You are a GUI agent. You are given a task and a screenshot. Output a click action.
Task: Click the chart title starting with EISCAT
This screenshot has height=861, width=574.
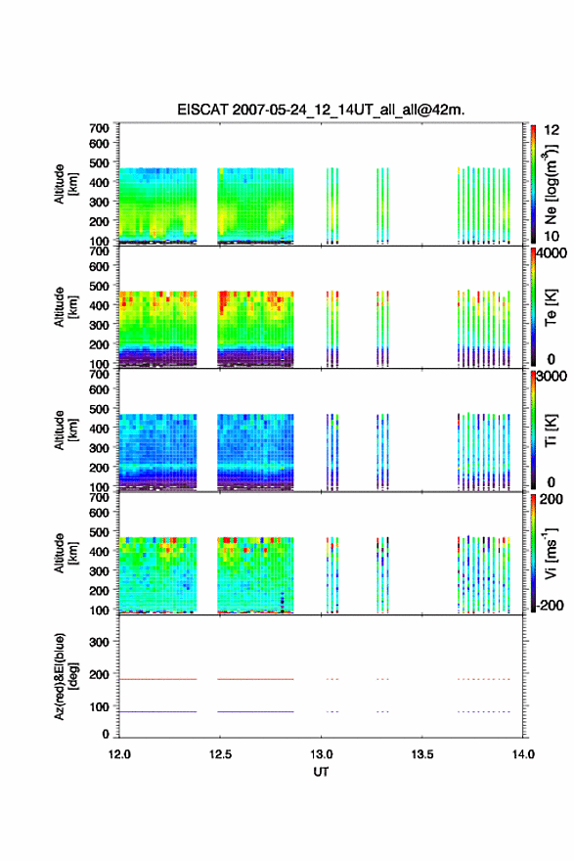point(321,110)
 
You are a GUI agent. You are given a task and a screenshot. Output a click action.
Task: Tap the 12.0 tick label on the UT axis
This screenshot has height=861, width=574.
point(119,754)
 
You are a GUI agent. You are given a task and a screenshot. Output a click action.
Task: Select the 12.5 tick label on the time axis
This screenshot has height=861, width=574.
point(220,754)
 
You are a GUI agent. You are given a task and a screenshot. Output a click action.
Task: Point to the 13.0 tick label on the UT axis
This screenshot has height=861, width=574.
point(321,754)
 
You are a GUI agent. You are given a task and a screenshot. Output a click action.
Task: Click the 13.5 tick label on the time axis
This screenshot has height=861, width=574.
point(422,754)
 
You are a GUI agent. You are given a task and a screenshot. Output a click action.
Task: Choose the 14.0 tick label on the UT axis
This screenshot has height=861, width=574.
point(523,754)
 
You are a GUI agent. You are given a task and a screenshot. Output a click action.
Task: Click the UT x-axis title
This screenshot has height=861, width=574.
point(321,772)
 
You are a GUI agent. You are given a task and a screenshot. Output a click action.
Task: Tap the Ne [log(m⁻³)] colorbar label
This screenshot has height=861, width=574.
point(552,184)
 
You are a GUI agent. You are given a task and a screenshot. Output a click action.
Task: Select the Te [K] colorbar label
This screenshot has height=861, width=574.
point(551,307)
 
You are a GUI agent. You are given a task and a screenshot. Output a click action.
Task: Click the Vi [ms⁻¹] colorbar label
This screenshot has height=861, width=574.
point(551,553)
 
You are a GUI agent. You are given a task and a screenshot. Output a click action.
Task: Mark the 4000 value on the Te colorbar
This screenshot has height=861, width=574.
point(552,253)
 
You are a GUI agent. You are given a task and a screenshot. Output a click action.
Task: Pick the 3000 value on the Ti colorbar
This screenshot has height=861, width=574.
point(552,377)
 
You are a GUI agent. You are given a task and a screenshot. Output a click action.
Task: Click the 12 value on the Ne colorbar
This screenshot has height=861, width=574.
point(552,130)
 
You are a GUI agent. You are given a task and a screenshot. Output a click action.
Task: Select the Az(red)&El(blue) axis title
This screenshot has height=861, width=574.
point(66,676)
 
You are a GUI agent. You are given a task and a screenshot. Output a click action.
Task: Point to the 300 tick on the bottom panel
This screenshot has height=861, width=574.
point(99,642)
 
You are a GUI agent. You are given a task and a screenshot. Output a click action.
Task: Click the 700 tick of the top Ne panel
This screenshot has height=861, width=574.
point(99,128)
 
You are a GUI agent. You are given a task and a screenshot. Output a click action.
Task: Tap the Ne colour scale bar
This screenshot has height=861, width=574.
point(533,184)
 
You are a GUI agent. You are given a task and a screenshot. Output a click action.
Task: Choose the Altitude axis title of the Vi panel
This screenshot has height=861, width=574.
point(66,553)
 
